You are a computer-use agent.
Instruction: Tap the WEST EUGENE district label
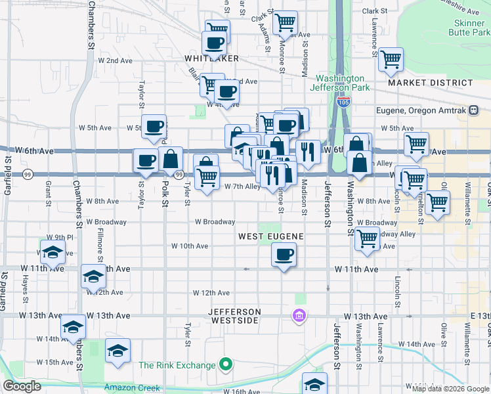270,236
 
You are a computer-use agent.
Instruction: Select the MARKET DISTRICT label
430,83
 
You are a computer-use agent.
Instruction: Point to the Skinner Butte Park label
467,26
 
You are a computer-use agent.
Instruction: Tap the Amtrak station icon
473,110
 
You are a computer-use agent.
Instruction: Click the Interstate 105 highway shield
343,102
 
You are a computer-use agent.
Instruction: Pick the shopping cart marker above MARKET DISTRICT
391,59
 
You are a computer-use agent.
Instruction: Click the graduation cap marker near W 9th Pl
53,252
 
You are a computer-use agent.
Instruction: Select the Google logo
22,387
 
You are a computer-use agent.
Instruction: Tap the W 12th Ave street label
211,292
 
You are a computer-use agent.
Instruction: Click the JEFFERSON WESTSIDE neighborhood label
236,316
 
